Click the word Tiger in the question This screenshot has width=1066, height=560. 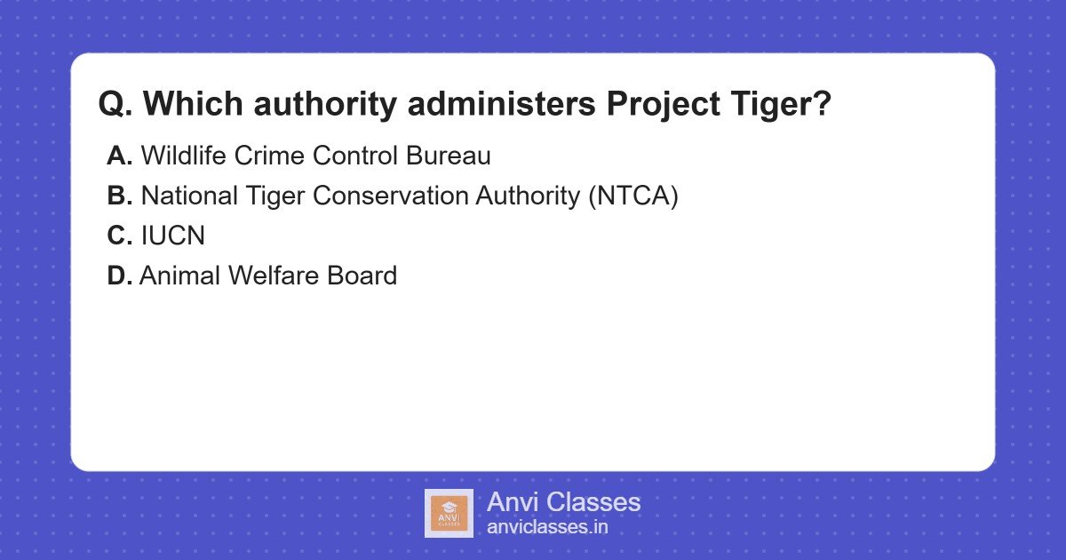(x=781, y=104)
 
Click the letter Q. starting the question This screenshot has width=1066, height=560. (x=115, y=104)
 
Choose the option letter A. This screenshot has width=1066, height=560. (x=119, y=156)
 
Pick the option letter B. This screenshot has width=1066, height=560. (x=119, y=196)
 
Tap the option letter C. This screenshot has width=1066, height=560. (x=119, y=236)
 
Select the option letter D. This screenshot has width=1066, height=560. (x=119, y=276)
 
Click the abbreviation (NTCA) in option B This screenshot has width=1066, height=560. (x=632, y=196)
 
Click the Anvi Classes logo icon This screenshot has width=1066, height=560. (x=449, y=513)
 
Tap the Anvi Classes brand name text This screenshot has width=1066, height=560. (x=563, y=502)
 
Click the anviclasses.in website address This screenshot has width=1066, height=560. (x=547, y=526)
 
